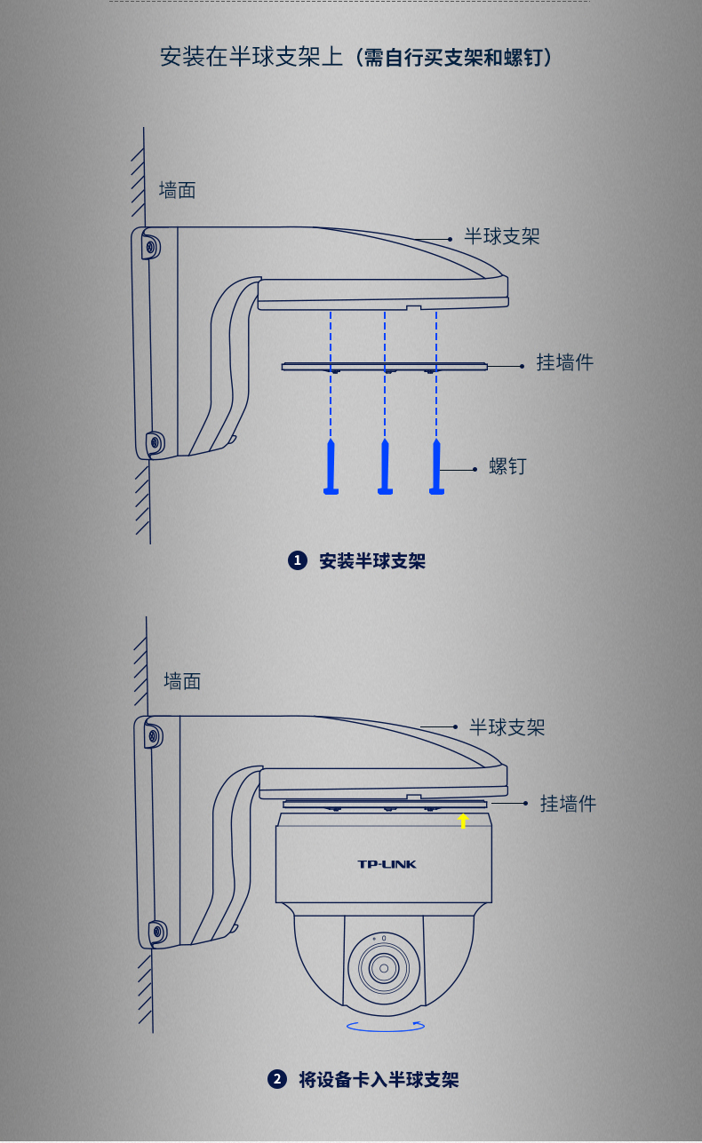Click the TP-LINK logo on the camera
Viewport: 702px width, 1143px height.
coord(387,864)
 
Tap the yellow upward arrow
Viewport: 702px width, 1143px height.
coord(463,821)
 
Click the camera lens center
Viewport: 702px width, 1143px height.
coord(384,968)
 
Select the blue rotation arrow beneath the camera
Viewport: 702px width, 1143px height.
coord(386,1026)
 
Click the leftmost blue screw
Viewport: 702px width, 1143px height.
coord(331,466)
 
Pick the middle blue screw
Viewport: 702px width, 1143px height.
coord(385,466)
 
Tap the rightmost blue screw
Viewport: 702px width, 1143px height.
coord(436,466)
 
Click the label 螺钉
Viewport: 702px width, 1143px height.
coord(507,466)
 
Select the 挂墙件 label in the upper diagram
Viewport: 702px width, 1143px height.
coord(564,362)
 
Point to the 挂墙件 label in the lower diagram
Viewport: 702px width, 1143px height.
coord(568,804)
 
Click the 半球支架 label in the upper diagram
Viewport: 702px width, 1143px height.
coord(502,236)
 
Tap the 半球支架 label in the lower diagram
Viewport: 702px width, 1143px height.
coord(507,727)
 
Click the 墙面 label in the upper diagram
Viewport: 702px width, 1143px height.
coord(177,190)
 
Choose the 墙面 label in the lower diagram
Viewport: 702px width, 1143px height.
coord(182,681)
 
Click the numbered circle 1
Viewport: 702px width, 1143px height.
coord(298,560)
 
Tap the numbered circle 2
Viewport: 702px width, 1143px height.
coord(277,1079)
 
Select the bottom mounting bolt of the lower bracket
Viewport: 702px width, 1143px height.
coord(157,933)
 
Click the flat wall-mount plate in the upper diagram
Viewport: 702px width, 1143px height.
coord(385,367)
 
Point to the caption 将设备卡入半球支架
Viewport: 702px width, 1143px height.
coord(379,1079)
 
